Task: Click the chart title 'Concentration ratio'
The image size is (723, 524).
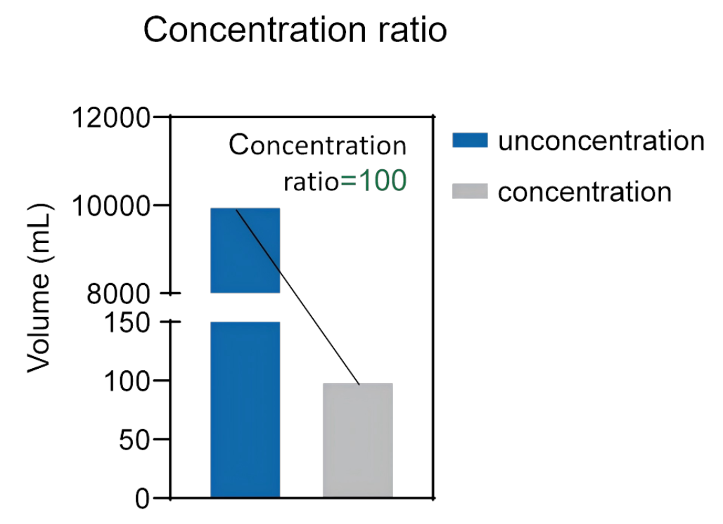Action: point(295,30)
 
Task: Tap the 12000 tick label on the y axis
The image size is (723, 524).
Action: point(111,117)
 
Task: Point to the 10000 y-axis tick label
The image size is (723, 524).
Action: point(111,205)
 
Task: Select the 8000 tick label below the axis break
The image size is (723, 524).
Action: point(118,294)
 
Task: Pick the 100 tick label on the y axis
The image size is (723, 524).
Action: point(127,381)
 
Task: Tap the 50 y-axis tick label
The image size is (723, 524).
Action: point(134,440)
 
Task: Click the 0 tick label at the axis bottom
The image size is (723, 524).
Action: point(143,499)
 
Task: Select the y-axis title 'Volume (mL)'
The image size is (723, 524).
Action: point(39,288)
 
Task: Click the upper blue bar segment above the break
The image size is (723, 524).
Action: point(245,251)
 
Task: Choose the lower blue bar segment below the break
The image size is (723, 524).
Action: point(245,410)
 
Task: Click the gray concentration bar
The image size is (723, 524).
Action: point(358,440)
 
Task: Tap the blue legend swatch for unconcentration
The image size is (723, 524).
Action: point(470,140)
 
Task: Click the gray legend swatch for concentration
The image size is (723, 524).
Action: point(470,191)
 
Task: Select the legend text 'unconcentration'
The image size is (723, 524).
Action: point(601,140)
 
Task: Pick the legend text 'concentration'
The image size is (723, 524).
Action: point(584,192)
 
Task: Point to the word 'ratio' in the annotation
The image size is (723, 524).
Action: point(312,181)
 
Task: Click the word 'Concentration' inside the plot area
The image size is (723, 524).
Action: point(318,145)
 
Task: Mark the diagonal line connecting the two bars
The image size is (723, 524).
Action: point(298,296)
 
